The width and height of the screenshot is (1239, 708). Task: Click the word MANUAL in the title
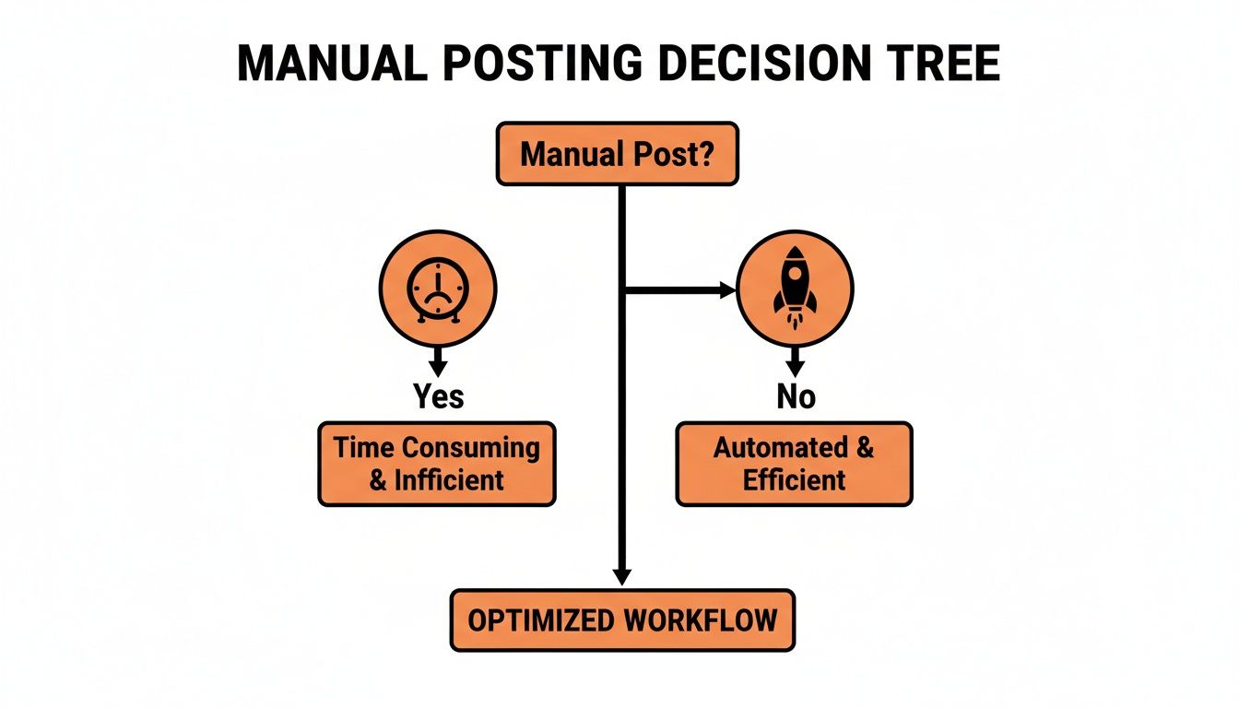coord(333,63)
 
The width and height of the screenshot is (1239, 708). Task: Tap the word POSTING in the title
coord(543,63)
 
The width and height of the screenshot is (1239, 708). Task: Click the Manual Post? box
coord(618,154)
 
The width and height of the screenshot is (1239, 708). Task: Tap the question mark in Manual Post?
coord(705,154)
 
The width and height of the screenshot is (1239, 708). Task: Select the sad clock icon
coord(438,289)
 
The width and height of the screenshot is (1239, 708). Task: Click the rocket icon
coord(795,288)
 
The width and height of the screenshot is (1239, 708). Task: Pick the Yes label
coord(439,396)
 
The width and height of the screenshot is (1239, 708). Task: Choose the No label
coord(796,396)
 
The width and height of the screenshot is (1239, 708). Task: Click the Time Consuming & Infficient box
coord(437,464)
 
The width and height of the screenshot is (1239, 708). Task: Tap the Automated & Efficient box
coord(795,464)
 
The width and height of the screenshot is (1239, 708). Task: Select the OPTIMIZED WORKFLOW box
coord(623,620)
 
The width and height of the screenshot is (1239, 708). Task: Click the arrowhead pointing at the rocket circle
coord(727,289)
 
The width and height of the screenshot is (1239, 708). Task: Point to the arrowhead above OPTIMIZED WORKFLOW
coord(622,577)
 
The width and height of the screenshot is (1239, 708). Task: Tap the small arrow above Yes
coord(438,363)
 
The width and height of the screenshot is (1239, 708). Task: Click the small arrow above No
coord(796,363)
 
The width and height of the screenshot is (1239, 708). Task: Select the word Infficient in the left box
coord(449,480)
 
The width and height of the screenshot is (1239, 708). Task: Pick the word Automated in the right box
coord(781,447)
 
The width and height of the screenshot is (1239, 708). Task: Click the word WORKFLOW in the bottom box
coord(701,620)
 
